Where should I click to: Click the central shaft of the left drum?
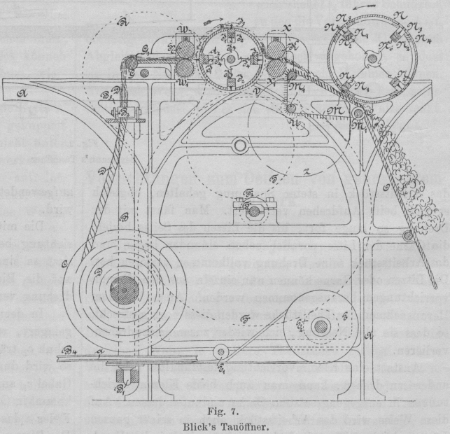coord(230,58)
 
